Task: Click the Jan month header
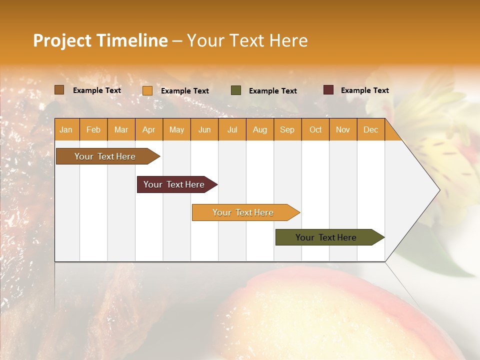click(x=66, y=129)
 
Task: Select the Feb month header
click(x=93, y=129)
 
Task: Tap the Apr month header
click(x=148, y=129)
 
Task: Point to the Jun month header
click(x=204, y=129)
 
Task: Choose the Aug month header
click(x=259, y=129)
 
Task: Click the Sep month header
click(x=287, y=129)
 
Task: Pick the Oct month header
click(x=315, y=129)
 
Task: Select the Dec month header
click(x=370, y=129)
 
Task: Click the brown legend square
click(x=59, y=90)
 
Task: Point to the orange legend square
click(x=147, y=90)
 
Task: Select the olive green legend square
click(x=236, y=90)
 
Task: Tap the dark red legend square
click(x=328, y=90)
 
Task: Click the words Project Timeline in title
click(x=100, y=40)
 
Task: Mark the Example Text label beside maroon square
click(x=364, y=90)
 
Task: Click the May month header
click(x=176, y=129)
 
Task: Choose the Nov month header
click(x=343, y=129)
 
